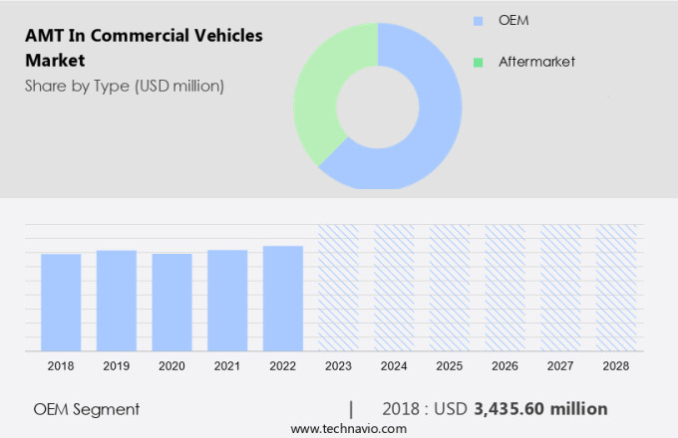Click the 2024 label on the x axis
394,366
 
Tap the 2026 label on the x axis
505,366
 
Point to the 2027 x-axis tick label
560,366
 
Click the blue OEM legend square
478,20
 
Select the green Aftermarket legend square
478,62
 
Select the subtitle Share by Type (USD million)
125,86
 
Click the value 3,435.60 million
540,409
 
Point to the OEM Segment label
87,409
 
